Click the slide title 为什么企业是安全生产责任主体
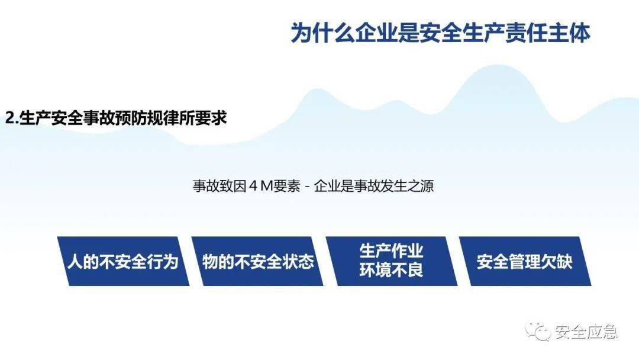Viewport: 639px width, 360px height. (x=441, y=33)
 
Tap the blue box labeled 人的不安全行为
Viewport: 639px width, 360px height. (x=123, y=261)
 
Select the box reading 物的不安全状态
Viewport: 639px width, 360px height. (x=257, y=261)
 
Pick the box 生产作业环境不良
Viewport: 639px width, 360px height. (x=392, y=261)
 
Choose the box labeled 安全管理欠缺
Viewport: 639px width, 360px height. (x=525, y=261)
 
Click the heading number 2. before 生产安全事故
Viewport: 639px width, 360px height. (x=12, y=118)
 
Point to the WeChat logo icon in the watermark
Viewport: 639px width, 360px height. (x=538, y=331)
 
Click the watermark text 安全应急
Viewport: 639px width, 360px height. (x=586, y=332)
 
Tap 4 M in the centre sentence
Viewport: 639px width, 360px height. (x=260, y=186)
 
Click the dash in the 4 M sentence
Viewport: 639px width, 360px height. (x=307, y=187)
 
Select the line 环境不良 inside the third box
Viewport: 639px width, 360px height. (x=392, y=271)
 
